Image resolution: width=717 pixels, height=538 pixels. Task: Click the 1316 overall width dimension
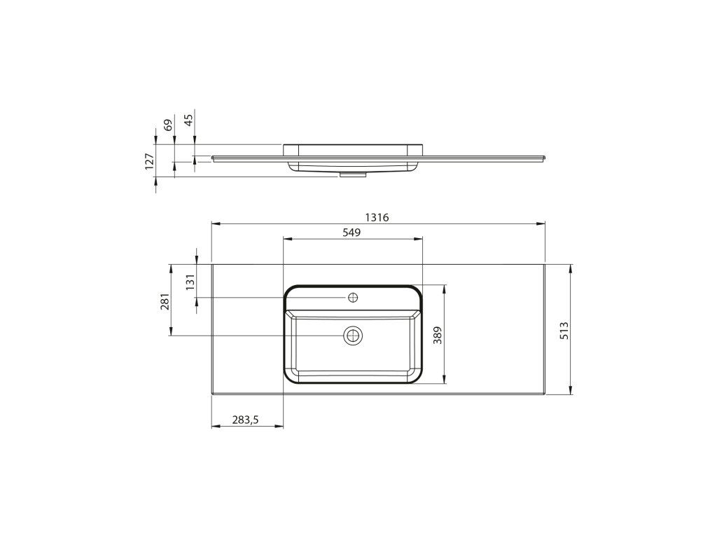[x=377, y=217]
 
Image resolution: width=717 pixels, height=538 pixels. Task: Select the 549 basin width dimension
[x=351, y=233]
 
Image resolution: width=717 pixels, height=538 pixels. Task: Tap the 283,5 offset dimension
[x=246, y=420]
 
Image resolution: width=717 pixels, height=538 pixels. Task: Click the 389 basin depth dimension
[x=438, y=336]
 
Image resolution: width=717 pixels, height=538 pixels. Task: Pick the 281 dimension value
[x=165, y=301]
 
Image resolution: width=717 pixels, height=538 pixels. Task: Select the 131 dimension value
[x=190, y=282]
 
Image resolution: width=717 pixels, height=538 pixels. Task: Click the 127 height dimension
[x=150, y=162]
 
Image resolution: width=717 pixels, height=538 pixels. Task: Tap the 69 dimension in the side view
[x=168, y=125]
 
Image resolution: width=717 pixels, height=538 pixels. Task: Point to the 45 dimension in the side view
[x=188, y=119]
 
